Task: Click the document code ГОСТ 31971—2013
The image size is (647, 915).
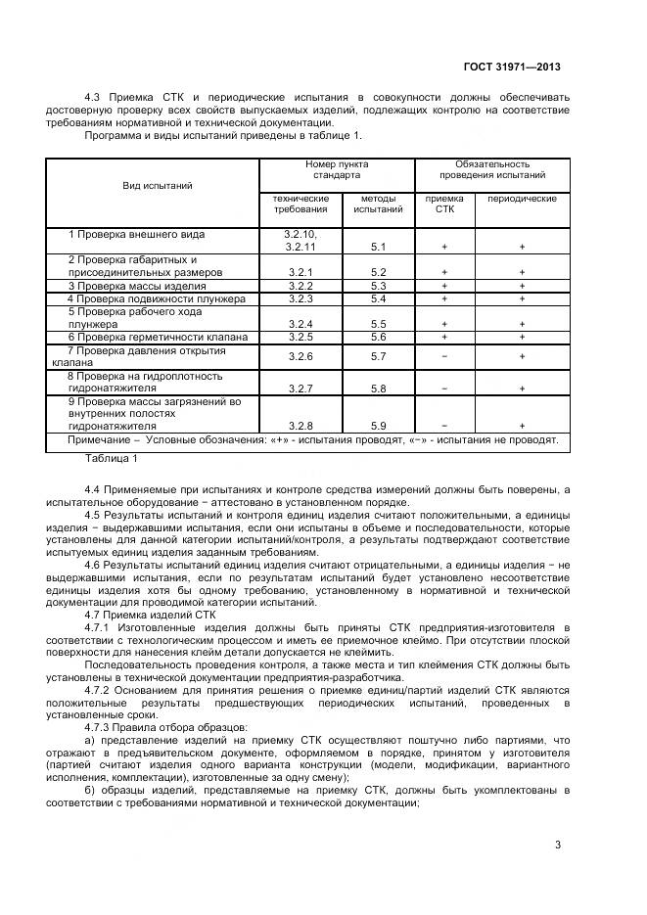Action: (511, 68)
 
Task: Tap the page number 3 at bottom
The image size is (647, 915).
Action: (557, 845)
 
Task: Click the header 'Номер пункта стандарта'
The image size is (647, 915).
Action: (337, 169)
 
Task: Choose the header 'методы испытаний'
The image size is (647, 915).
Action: (378, 204)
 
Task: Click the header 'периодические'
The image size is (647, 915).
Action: (522, 199)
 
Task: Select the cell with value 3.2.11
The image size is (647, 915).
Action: (300, 248)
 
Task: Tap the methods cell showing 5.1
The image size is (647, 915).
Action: (379, 248)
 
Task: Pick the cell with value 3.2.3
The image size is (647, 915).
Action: (300, 298)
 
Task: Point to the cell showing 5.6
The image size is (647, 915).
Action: (379, 337)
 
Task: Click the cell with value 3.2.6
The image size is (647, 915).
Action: (300, 356)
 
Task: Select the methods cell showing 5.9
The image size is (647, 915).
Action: (379, 426)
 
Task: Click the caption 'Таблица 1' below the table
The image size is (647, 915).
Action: (112, 458)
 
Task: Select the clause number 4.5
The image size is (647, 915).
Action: (94, 515)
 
